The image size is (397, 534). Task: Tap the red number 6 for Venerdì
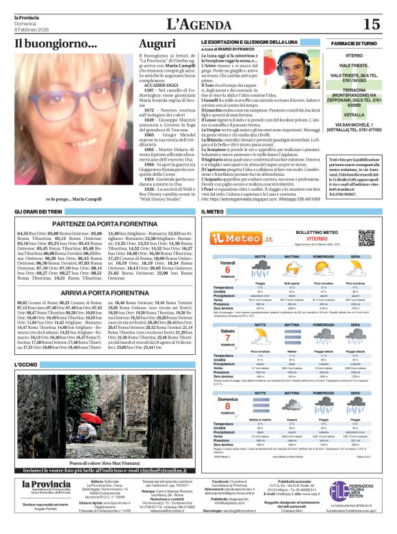point(227,269)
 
